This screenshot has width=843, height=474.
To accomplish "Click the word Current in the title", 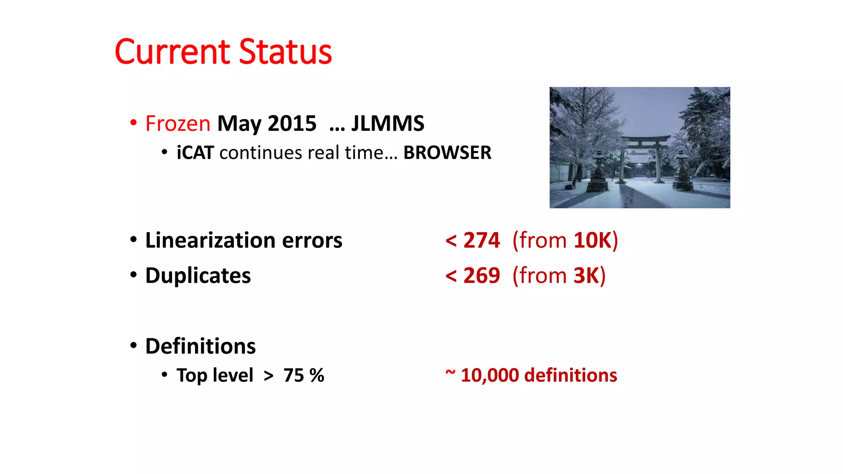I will coord(172,52).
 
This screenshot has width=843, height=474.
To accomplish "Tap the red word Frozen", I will coord(178,123).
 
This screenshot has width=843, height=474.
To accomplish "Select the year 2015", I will coord(292,123).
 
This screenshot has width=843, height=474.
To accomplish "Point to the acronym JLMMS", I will coord(387,123).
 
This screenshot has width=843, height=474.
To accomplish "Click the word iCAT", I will coord(195,153).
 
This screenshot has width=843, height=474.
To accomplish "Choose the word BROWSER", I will coord(447,153).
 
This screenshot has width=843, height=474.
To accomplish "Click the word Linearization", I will coord(210,240).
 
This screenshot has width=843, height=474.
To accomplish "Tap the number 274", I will coord(482,240).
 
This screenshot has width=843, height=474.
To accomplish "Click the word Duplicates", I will coord(198,275).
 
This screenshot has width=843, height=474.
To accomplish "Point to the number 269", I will coord(482,275).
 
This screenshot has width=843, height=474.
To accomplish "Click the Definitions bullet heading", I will coord(200,346).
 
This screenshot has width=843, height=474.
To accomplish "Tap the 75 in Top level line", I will coord(293,375).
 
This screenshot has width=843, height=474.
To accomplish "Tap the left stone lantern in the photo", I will coord(598,173).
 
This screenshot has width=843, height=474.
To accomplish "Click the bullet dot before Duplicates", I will coord(133,274).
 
